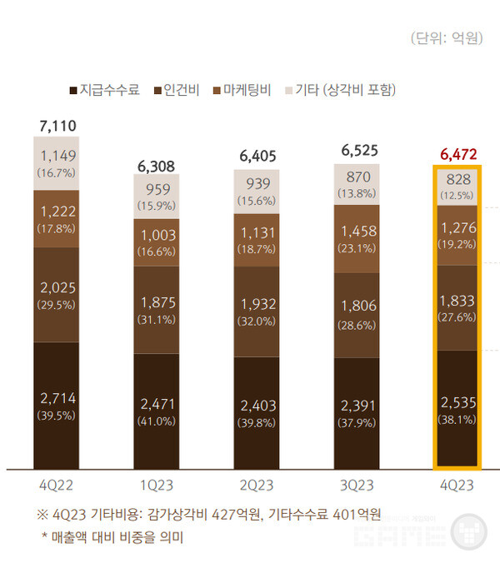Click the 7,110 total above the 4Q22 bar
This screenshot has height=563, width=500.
[x=57, y=126]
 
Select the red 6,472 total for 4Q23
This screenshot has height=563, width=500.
[x=456, y=154]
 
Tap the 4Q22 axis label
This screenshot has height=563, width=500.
[x=56, y=485]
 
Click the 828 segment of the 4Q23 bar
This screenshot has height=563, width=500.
[x=457, y=187]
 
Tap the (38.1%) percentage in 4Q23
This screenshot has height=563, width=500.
[x=457, y=420]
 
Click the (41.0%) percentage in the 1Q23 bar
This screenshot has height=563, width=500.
[x=157, y=421]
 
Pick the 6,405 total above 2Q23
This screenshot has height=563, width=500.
[x=257, y=156]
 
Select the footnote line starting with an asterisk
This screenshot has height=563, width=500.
[x=112, y=537]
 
